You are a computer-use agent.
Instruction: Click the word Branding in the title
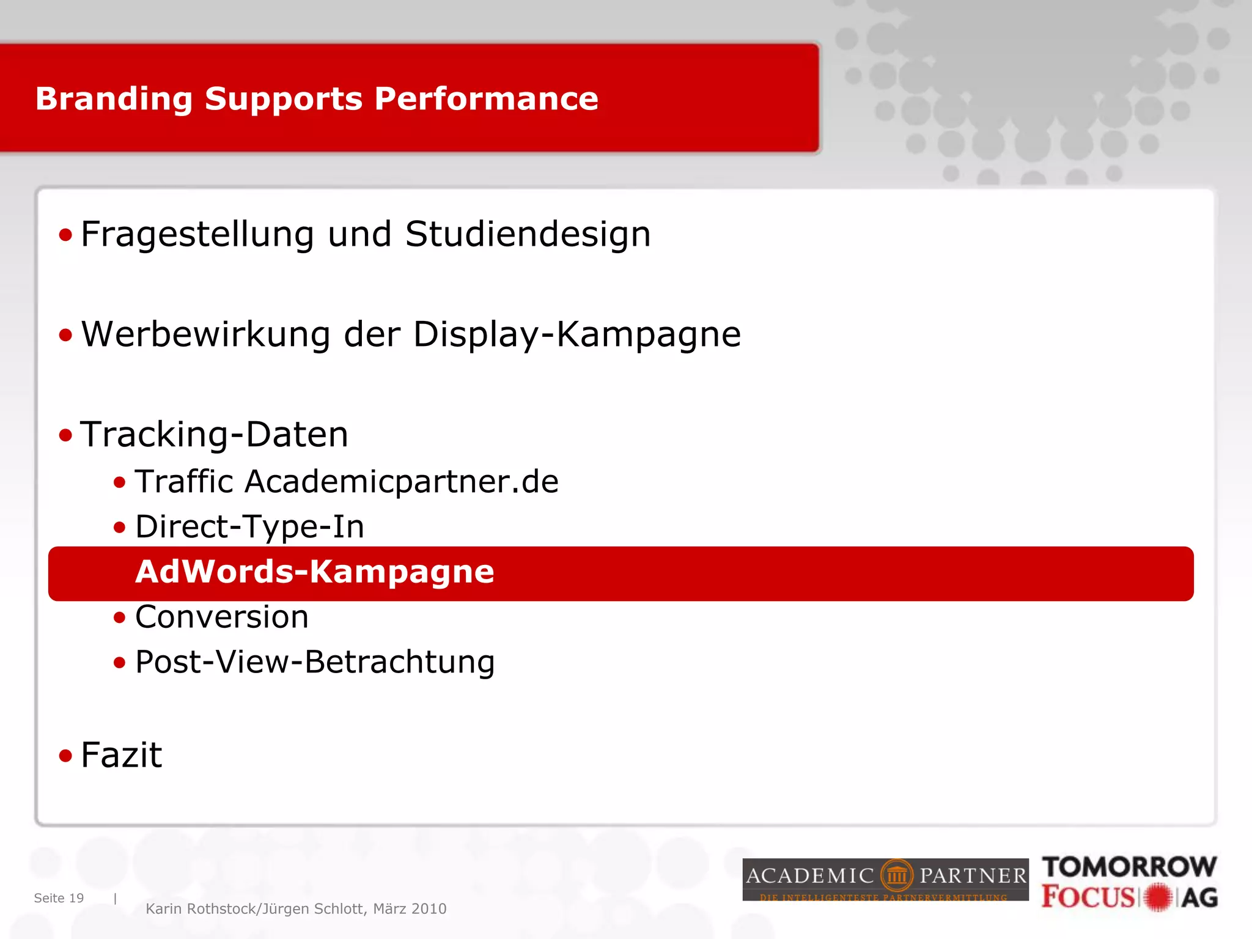click(114, 99)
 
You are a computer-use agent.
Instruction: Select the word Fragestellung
click(197, 235)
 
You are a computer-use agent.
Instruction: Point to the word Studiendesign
click(528, 234)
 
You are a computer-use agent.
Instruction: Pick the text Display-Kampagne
click(576, 335)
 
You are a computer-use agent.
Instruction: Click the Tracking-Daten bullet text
click(214, 435)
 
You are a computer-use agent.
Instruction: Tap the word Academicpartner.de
click(402, 482)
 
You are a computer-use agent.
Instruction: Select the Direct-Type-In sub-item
click(249, 527)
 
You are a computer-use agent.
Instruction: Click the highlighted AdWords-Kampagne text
click(314, 572)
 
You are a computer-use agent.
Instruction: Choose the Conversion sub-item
click(221, 617)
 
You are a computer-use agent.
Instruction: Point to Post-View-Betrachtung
click(315, 662)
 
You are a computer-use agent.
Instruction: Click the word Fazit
click(121, 755)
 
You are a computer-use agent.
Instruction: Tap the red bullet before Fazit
click(65, 756)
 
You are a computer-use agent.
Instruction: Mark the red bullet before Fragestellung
click(65, 235)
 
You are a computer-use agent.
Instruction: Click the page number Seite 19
click(59, 898)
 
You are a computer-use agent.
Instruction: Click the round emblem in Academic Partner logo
click(896, 876)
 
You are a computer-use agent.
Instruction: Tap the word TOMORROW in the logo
click(1129, 867)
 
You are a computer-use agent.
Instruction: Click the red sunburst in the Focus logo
click(1158, 897)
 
